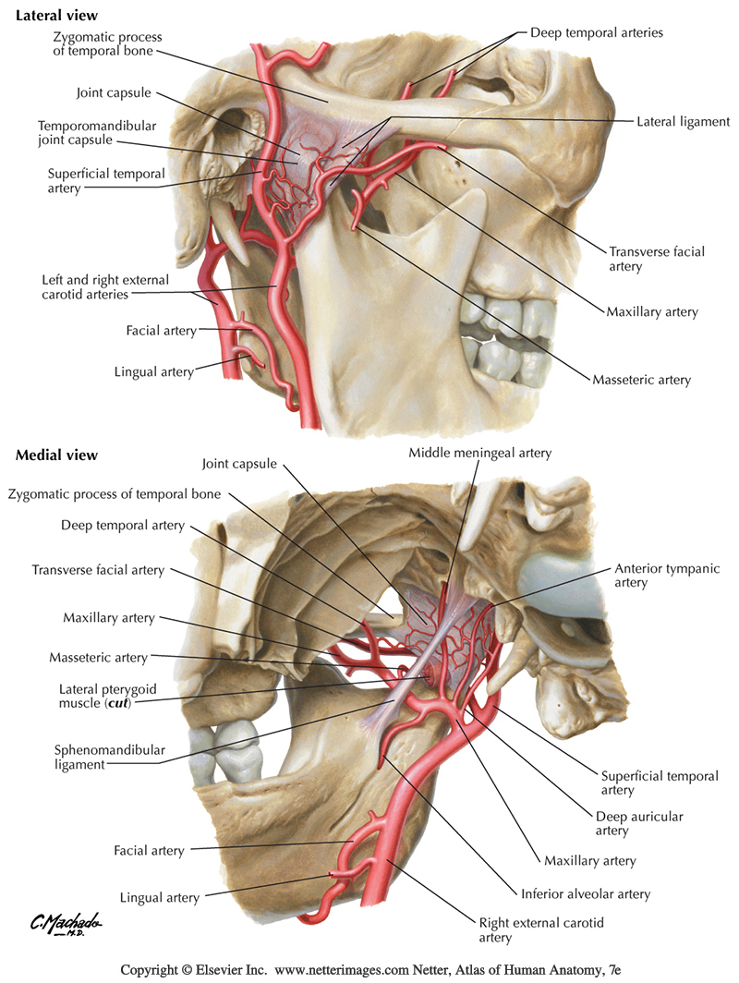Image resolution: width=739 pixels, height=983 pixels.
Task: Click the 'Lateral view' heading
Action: click(x=57, y=17)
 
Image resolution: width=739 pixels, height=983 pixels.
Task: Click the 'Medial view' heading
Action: click(x=56, y=455)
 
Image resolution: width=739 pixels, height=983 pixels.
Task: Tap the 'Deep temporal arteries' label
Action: click(x=596, y=32)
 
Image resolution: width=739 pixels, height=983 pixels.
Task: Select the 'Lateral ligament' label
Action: click(x=683, y=121)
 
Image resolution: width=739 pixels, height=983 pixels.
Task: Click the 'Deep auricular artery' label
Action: click(x=624, y=824)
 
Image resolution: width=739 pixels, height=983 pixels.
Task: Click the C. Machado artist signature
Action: click(x=65, y=924)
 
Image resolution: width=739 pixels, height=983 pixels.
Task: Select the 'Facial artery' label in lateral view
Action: click(x=160, y=330)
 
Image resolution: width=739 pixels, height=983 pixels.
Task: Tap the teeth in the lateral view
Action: click(x=499, y=333)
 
